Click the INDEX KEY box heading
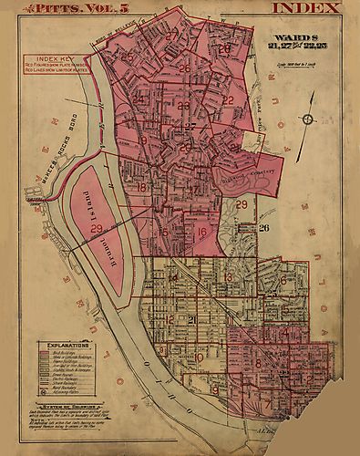click(52, 59)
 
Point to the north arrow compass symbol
click(309, 119)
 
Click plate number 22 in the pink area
click(228, 100)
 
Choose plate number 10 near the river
click(200, 357)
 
